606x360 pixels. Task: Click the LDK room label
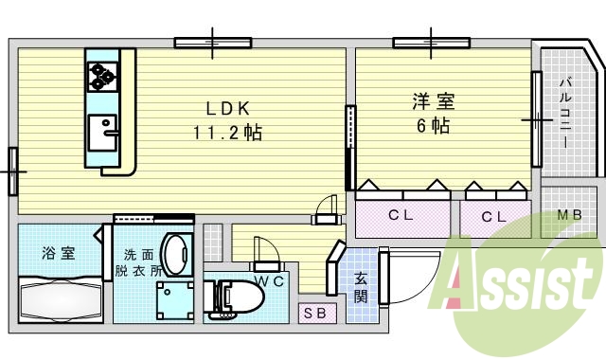click(x=227, y=108)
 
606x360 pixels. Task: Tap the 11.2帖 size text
click(x=228, y=133)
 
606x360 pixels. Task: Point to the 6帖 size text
click(x=431, y=125)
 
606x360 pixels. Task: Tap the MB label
click(x=569, y=215)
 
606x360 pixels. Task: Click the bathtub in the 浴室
click(x=59, y=302)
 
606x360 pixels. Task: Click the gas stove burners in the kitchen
click(x=101, y=73)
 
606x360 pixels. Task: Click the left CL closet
click(x=401, y=216)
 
